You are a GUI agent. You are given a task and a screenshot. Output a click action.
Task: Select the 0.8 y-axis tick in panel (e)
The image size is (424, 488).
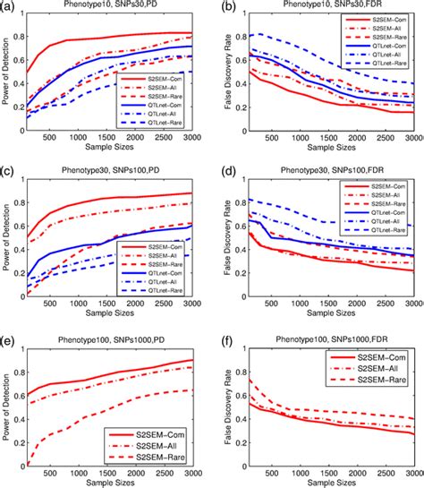tap(21, 367)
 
